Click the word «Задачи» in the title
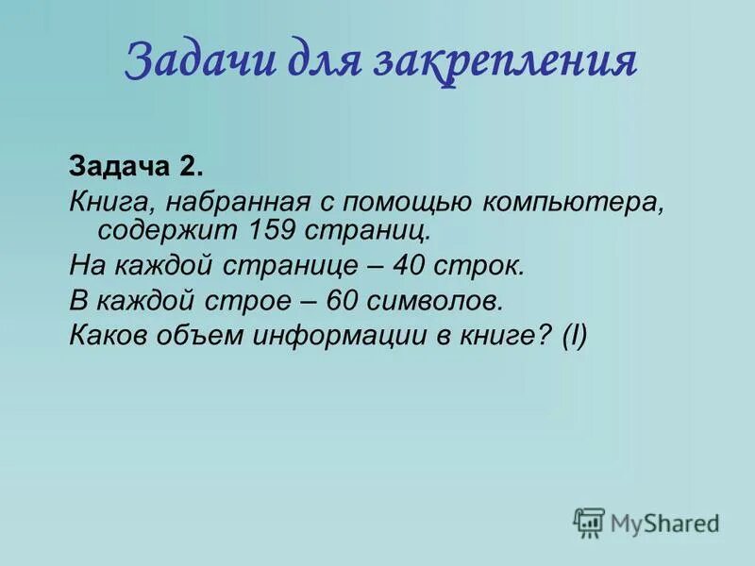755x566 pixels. coord(190,61)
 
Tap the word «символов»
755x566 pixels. coord(438,301)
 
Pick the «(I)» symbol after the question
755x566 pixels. coord(574,337)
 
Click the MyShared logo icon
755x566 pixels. coord(589,523)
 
